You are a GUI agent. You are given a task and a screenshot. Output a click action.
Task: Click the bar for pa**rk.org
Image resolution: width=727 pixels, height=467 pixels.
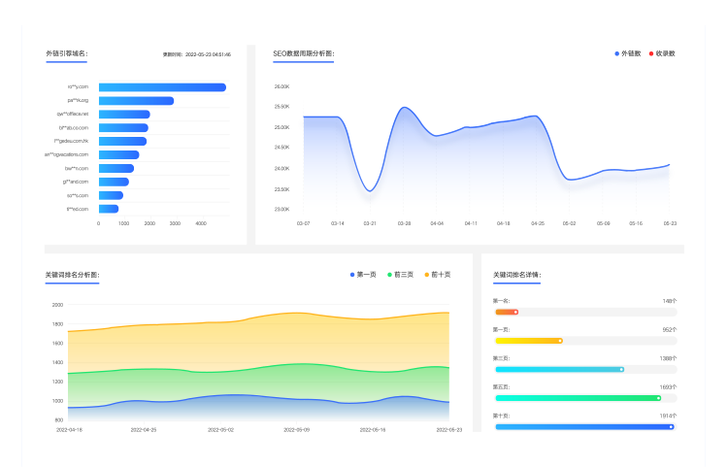[x=136, y=101]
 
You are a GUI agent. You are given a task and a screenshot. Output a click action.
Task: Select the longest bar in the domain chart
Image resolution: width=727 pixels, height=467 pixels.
[x=162, y=87]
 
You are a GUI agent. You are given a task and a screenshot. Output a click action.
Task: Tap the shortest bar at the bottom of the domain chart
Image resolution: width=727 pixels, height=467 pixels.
[x=108, y=209]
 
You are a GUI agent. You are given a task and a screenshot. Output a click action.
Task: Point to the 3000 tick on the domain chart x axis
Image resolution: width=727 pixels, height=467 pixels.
[x=175, y=223]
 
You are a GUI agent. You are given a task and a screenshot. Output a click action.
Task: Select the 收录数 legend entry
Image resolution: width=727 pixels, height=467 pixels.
[x=664, y=53]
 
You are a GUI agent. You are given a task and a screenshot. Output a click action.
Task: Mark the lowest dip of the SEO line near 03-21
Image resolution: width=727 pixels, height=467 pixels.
[x=370, y=190]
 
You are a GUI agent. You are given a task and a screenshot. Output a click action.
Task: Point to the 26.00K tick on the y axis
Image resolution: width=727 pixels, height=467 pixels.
[x=282, y=86]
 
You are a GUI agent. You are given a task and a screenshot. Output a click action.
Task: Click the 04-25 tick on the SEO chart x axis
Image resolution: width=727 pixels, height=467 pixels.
[x=537, y=223]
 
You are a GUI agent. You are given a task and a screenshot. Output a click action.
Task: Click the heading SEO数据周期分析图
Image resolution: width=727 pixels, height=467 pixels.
[x=303, y=53]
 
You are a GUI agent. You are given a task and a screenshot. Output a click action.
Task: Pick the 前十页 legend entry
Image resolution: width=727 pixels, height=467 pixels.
[x=437, y=275]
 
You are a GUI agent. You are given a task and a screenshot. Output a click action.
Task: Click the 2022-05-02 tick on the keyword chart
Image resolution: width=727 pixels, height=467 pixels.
[x=220, y=429]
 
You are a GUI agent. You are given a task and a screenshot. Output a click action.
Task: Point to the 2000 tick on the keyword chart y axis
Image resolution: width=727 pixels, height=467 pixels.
[x=57, y=305]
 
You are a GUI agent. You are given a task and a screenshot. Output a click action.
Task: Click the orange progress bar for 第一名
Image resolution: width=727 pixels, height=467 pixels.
[x=506, y=312]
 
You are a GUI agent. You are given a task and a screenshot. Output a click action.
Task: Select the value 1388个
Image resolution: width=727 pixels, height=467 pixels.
[x=668, y=358]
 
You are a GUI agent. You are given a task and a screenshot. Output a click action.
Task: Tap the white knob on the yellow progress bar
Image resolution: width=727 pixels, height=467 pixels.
[x=560, y=341]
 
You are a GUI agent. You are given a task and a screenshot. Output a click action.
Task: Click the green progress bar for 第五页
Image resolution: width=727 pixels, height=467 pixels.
[x=577, y=398]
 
